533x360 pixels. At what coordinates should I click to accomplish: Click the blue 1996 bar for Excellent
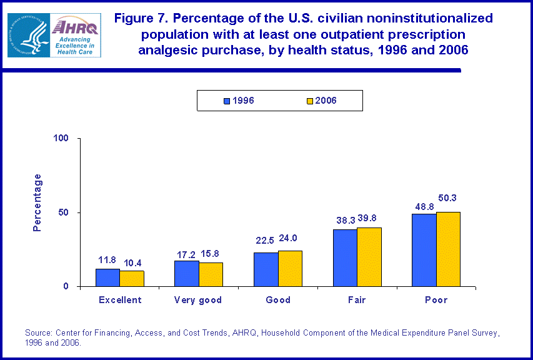pos(107,277)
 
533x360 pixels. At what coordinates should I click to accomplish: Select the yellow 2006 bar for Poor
pos(448,249)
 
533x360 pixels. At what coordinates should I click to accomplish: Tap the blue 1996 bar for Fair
pos(345,257)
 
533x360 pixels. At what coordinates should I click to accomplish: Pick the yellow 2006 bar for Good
pos(290,269)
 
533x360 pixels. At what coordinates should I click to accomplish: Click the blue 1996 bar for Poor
pos(424,250)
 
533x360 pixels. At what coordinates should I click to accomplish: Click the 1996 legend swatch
pos(227,101)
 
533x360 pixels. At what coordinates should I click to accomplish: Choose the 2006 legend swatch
pos(309,101)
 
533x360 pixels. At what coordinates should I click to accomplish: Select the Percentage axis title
pos(37,202)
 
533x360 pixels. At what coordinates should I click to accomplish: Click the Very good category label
pos(199,300)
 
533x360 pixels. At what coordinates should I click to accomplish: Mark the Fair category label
pos(357,300)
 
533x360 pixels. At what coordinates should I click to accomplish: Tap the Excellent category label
pos(120,300)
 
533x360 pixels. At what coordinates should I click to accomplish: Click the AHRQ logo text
pos(73,26)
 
